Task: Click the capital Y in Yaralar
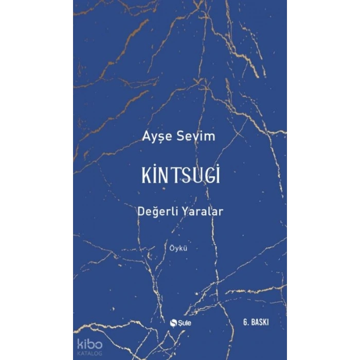[x=185, y=212]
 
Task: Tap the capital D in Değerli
[x=142, y=212]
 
